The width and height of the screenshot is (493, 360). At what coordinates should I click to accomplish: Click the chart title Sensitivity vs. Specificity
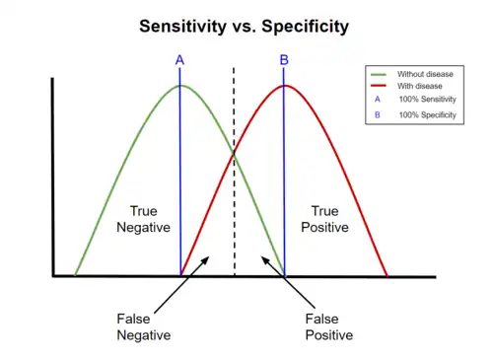243,26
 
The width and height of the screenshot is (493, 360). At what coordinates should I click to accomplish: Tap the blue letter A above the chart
179,60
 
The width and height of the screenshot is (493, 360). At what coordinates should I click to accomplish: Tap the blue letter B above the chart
284,60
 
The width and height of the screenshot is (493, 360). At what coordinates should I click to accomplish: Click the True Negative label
143,219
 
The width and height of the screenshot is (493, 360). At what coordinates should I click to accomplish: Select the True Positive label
324,219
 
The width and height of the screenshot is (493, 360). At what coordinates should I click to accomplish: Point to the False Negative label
143,326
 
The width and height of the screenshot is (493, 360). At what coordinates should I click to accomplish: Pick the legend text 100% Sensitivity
427,101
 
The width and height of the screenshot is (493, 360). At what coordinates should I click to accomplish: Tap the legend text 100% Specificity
428,115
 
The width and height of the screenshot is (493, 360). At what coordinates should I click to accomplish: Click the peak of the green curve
179,86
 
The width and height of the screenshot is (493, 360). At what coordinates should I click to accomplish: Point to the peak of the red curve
284,86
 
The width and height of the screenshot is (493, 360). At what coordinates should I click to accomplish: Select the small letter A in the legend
379,101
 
